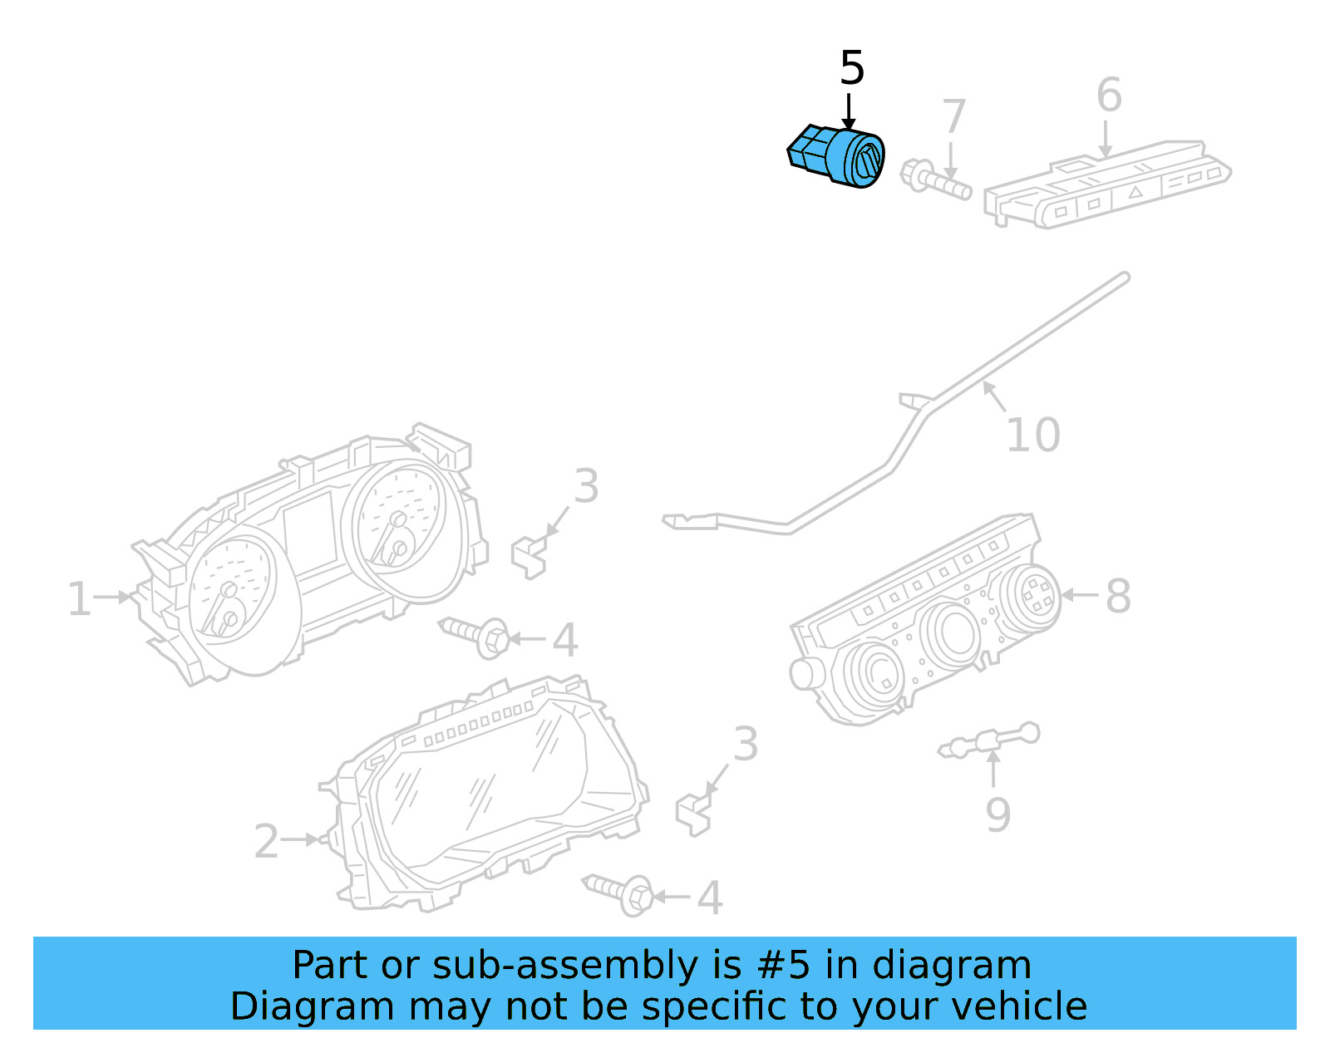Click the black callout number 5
tap(852, 68)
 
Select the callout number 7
tap(953, 116)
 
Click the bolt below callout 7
tap(935, 179)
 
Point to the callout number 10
tap(1032, 435)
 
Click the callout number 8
tap(1118, 596)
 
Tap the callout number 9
tap(997, 814)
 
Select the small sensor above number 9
tap(989, 740)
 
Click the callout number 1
tap(79, 599)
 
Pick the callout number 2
tap(266, 842)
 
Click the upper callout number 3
tap(586, 486)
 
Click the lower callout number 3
tap(745, 744)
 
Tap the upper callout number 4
tap(565, 640)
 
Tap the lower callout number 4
tap(709, 898)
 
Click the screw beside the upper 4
tap(475, 635)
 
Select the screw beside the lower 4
tap(619, 893)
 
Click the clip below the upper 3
tap(529, 557)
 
